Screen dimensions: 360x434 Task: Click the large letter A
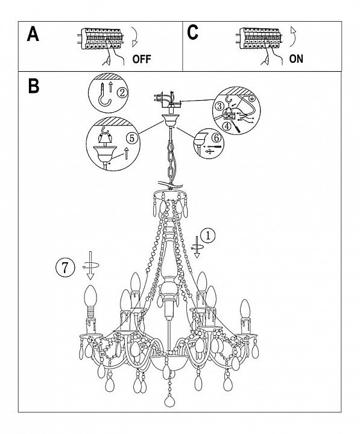click(x=33, y=34)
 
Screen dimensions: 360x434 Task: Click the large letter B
click(x=34, y=86)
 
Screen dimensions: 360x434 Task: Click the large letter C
click(x=192, y=33)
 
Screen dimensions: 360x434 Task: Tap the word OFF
click(x=142, y=59)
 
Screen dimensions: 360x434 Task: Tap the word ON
click(x=296, y=58)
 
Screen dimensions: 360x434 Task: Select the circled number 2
click(x=122, y=93)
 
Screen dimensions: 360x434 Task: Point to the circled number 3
click(x=219, y=105)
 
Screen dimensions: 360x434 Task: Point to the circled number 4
click(x=227, y=127)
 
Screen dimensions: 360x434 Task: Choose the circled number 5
click(x=132, y=138)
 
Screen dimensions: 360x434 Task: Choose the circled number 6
click(x=216, y=137)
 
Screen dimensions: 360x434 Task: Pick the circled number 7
click(x=65, y=268)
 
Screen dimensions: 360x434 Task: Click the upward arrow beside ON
click(x=293, y=37)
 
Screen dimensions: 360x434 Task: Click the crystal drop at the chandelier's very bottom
click(x=169, y=401)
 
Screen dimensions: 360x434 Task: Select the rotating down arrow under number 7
click(x=90, y=265)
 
